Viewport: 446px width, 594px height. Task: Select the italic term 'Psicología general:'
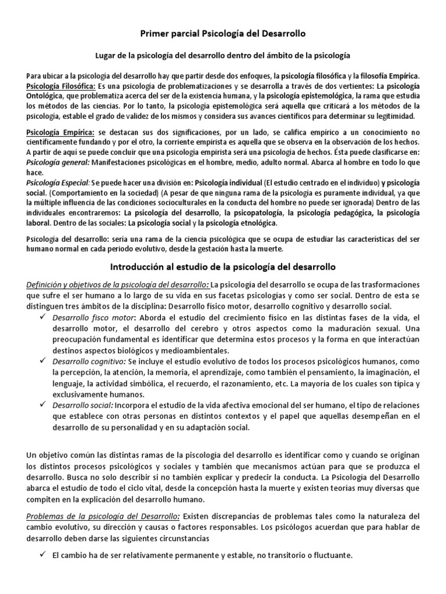pos(56,162)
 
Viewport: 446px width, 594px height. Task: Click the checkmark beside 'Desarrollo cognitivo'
pos(43,360)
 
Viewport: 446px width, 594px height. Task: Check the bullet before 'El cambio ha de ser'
pos(43,555)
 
